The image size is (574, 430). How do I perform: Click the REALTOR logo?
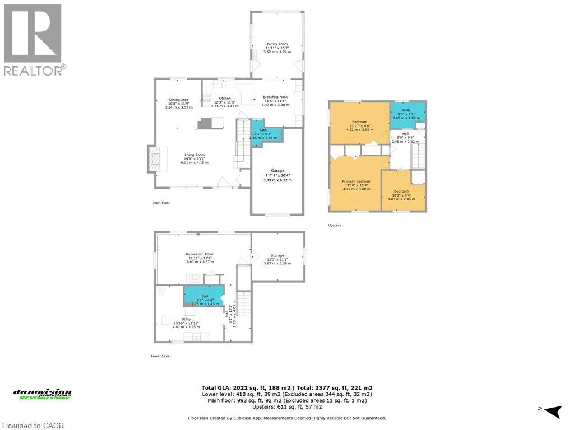point(34,40)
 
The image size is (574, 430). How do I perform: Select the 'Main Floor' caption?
point(161,203)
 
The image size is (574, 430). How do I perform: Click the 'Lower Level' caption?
point(161,356)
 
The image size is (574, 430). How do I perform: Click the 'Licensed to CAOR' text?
point(34,425)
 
